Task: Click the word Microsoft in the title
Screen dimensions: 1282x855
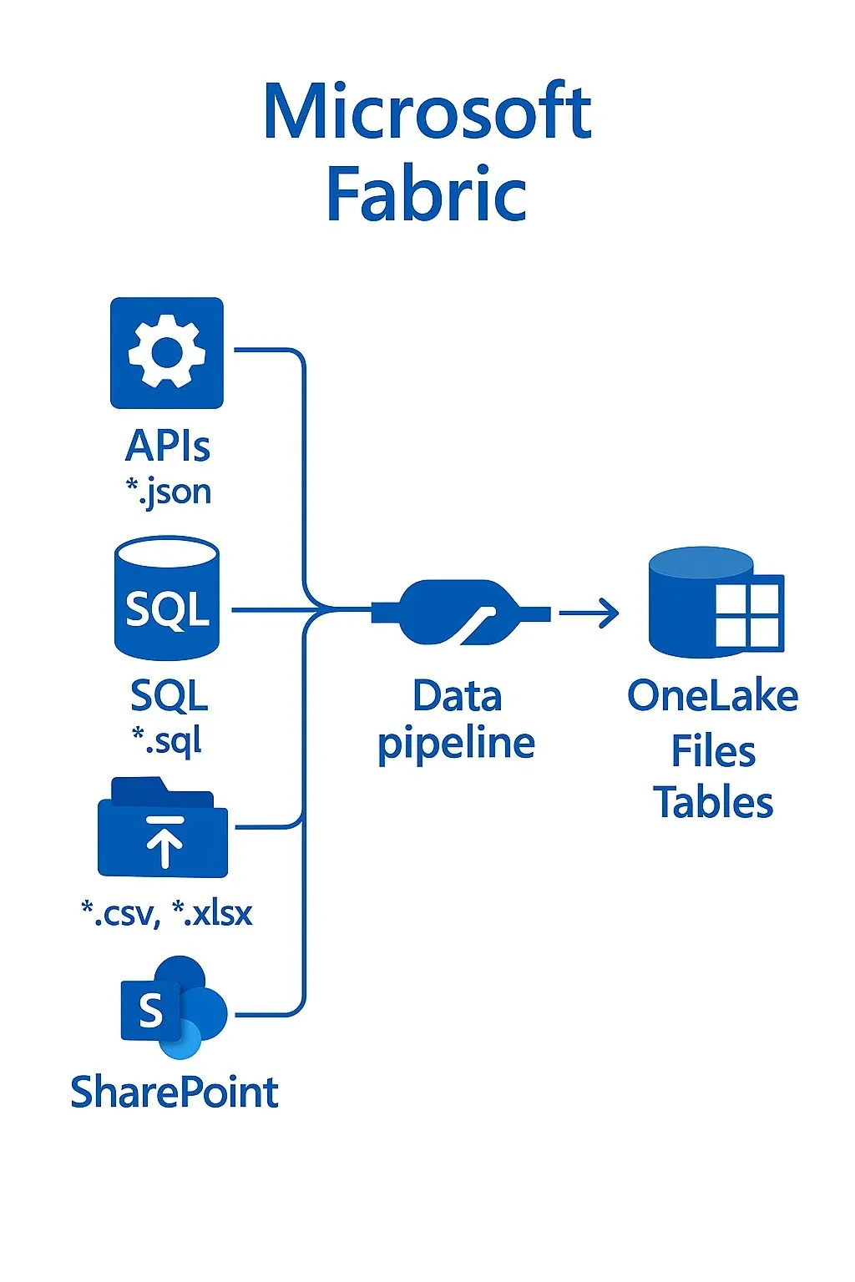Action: (427, 112)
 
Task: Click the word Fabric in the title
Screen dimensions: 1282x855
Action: (427, 194)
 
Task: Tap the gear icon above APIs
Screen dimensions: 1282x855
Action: (167, 352)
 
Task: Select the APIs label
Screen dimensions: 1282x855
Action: (167, 446)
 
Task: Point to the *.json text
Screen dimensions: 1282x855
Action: (168, 492)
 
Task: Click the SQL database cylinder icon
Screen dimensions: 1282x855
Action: (167, 599)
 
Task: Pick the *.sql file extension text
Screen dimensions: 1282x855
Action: (167, 739)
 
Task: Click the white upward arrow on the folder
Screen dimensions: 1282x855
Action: (164, 842)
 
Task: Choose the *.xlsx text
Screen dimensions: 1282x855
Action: (212, 913)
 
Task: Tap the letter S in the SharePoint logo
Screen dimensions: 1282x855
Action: (151, 1011)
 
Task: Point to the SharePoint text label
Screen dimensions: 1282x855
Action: (174, 1093)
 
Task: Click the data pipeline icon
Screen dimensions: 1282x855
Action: (459, 613)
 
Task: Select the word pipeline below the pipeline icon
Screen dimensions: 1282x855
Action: (456, 743)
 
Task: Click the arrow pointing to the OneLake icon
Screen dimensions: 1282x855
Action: (589, 613)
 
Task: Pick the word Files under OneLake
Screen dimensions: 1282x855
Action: (713, 751)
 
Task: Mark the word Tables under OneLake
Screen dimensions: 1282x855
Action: (713, 803)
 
